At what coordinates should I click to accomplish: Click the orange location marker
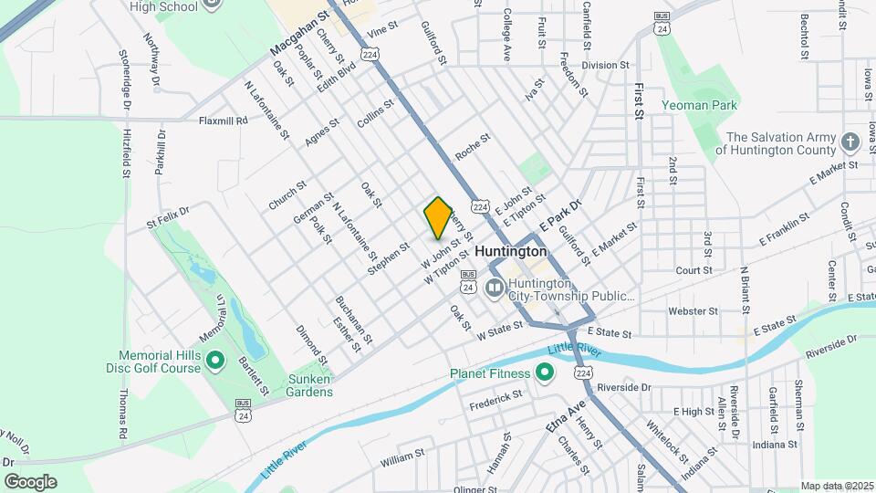point(438,217)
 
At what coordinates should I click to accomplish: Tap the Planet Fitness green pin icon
point(545,372)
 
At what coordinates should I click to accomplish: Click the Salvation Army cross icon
point(850,142)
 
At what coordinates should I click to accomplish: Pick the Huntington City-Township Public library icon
point(495,288)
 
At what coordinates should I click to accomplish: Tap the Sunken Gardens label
point(297,385)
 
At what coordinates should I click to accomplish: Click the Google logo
point(30,481)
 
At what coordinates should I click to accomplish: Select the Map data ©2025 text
point(836,486)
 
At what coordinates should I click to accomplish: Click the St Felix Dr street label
point(168,215)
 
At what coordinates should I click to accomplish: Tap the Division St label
point(606,66)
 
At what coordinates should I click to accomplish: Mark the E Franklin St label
point(784,231)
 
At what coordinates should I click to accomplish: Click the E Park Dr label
point(559,216)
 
